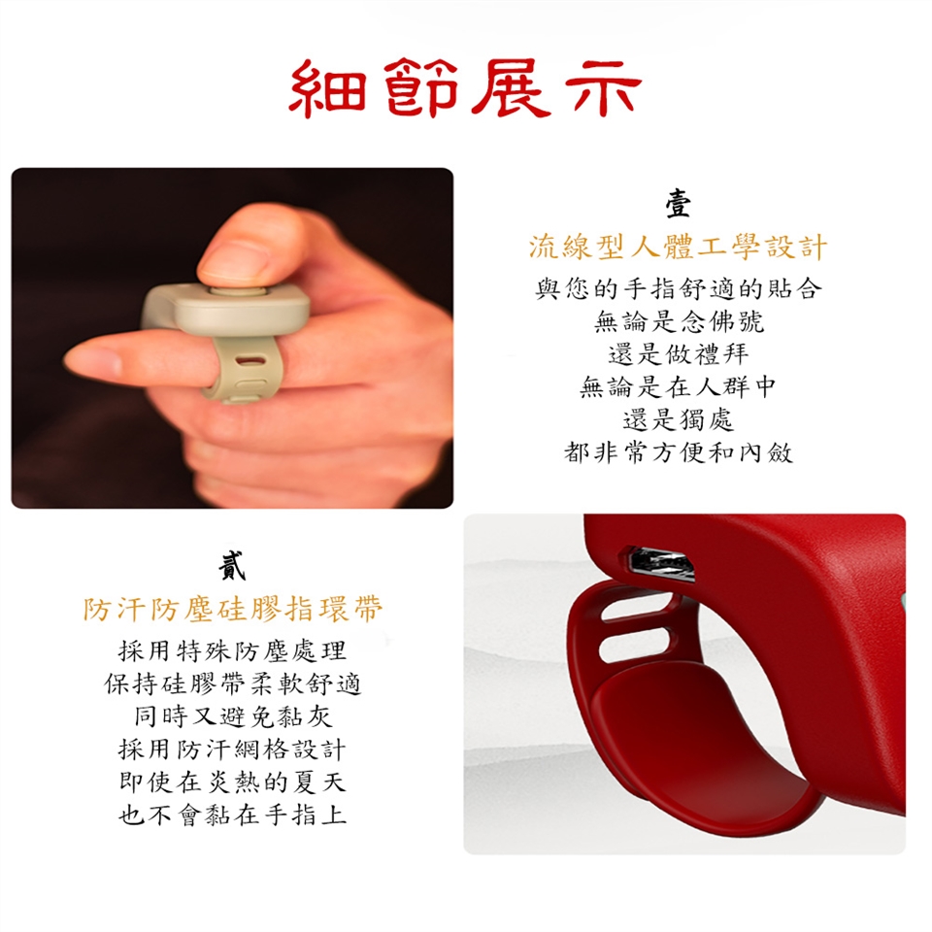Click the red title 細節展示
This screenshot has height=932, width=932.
pyautogui.click(x=465, y=88)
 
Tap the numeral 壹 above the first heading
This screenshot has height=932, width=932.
pyautogui.click(x=678, y=204)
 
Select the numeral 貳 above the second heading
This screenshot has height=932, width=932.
pyautogui.click(x=232, y=565)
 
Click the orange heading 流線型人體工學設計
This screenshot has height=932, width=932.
pyautogui.click(x=678, y=247)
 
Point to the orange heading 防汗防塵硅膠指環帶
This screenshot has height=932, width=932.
pyautogui.click(x=232, y=610)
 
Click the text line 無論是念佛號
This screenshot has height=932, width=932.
pyautogui.click(x=679, y=321)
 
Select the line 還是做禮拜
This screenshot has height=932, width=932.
pyautogui.click(x=679, y=354)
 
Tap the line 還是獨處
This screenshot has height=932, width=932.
pyautogui.click(x=679, y=419)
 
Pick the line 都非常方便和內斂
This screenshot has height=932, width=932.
pyautogui.click(x=679, y=453)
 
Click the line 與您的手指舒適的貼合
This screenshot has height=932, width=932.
pyautogui.click(x=679, y=289)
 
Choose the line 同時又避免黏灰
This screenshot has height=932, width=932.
pyautogui.click(x=232, y=716)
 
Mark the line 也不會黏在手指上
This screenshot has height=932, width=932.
pyautogui.click(x=232, y=815)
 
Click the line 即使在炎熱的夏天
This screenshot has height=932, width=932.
pyautogui.click(x=232, y=782)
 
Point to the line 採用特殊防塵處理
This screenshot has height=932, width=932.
pyautogui.click(x=232, y=650)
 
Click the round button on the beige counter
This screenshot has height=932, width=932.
pyautogui.click(x=238, y=291)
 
